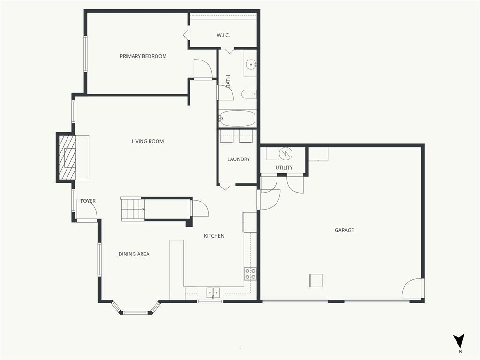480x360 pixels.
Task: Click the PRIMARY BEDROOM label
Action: coord(143,56)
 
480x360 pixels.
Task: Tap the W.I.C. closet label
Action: coord(223,35)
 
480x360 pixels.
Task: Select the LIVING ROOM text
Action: coord(148,141)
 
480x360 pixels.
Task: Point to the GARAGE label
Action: coord(344,230)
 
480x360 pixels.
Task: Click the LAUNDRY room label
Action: coord(239,159)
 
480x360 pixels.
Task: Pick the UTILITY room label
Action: coord(284,168)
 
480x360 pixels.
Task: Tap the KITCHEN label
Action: coord(214,236)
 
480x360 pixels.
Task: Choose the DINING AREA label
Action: coord(134,254)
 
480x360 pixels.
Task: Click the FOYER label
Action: coord(88,201)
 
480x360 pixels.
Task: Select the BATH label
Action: coord(228,82)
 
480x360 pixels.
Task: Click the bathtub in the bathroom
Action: coord(237,119)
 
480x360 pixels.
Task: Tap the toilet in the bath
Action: coord(248,94)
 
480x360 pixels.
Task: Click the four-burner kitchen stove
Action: coord(250,274)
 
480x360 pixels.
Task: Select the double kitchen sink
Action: coord(213,293)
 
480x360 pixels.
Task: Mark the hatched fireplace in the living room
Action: coord(67,157)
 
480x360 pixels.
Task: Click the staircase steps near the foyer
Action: coord(133,209)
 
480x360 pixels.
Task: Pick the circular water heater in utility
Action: coord(286,153)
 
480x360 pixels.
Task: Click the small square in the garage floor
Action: coord(316,280)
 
